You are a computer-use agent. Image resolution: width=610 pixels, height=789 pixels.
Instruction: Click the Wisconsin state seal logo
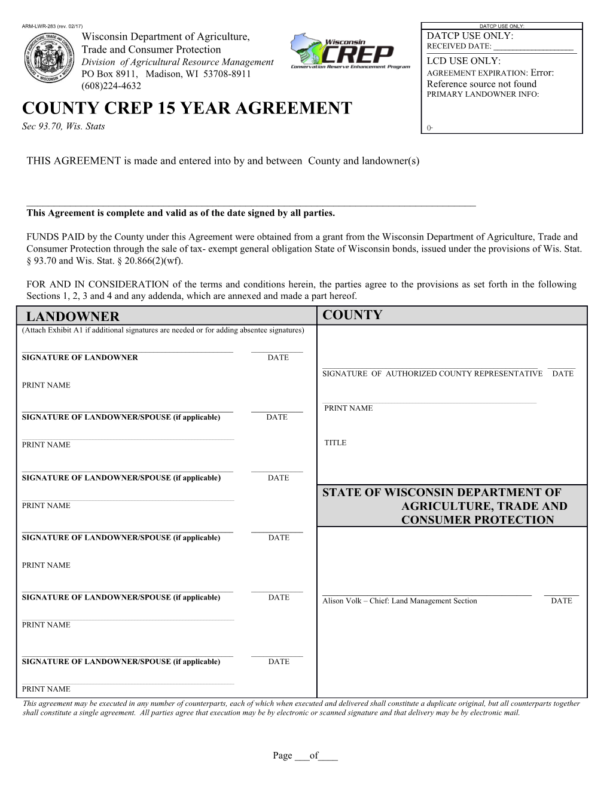click(x=50, y=59)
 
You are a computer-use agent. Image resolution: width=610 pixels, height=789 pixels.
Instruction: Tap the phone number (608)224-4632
click(x=111, y=86)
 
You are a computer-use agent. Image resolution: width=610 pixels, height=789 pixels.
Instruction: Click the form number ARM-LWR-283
click(x=42, y=26)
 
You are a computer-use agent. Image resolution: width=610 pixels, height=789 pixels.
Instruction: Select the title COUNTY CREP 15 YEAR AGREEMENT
click(x=187, y=108)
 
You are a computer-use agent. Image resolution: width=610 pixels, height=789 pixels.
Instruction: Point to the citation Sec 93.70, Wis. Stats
click(x=63, y=126)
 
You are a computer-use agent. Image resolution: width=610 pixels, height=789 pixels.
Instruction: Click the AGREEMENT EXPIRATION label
click(x=477, y=74)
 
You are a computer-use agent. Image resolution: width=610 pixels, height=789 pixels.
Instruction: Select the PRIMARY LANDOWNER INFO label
click(x=483, y=94)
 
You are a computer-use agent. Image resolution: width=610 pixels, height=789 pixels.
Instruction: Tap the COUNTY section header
click(x=352, y=316)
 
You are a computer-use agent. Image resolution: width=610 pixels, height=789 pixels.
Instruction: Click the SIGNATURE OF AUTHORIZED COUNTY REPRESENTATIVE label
click(x=432, y=374)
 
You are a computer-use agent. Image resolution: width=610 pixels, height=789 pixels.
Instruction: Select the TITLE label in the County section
click(x=335, y=443)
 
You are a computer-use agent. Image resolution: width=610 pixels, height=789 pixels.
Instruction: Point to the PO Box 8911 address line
click(x=166, y=74)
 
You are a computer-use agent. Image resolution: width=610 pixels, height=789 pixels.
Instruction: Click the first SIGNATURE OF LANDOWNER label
click(x=80, y=357)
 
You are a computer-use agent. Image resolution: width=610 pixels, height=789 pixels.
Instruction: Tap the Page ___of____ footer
click(x=305, y=756)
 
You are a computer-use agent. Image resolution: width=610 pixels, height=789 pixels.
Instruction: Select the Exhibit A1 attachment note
click(x=163, y=330)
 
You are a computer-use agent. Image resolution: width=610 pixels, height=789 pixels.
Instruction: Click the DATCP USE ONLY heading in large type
click(x=470, y=36)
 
